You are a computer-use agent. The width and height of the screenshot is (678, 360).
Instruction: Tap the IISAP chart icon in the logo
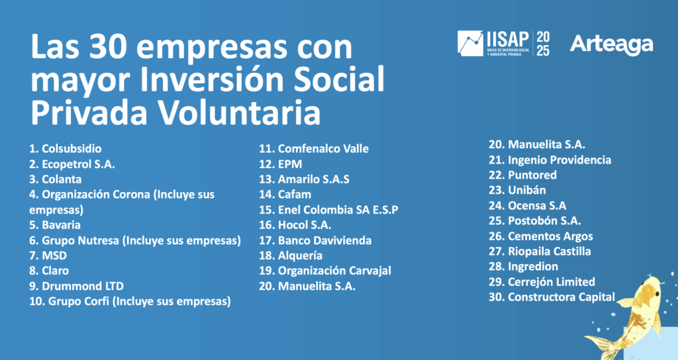click(x=471, y=43)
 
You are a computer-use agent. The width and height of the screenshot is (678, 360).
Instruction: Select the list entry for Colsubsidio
click(x=66, y=149)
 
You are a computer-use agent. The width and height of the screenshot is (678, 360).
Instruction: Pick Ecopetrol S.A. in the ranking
click(x=72, y=164)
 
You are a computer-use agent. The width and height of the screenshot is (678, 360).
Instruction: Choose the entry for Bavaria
click(x=55, y=225)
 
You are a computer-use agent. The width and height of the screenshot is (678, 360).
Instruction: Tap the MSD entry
click(x=48, y=255)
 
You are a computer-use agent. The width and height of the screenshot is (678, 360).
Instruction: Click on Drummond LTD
click(x=76, y=286)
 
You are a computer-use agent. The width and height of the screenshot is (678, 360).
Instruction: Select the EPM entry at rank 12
click(x=281, y=164)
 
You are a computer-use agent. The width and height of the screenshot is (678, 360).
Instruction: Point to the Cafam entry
click(x=285, y=195)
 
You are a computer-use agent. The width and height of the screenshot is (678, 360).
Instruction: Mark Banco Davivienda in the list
click(x=315, y=240)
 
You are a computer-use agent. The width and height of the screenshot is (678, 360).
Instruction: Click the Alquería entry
click(x=291, y=255)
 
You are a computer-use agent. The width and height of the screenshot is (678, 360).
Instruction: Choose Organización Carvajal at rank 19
click(x=325, y=271)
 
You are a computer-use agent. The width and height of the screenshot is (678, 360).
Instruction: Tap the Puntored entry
click(x=523, y=175)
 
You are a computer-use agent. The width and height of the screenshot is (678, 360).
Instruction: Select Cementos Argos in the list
click(x=541, y=236)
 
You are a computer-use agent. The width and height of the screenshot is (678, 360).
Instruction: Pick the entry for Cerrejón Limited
click(x=542, y=282)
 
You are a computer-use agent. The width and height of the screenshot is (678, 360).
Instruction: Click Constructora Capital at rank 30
click(x=552, y=297)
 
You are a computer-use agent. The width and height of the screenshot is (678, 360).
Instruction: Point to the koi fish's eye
click(x=657, y=293)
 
